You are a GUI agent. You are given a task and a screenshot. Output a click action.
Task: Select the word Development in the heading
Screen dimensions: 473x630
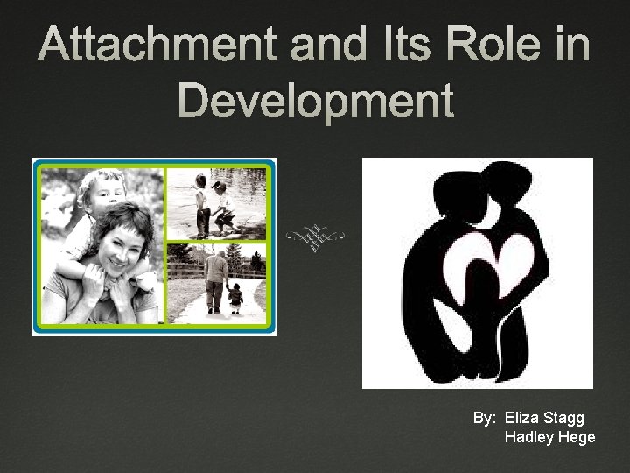coord(315,101)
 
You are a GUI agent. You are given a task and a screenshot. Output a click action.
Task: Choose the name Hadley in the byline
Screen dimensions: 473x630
coord(529,437)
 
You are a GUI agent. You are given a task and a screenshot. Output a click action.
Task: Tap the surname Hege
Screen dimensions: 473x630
coord(577,437)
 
